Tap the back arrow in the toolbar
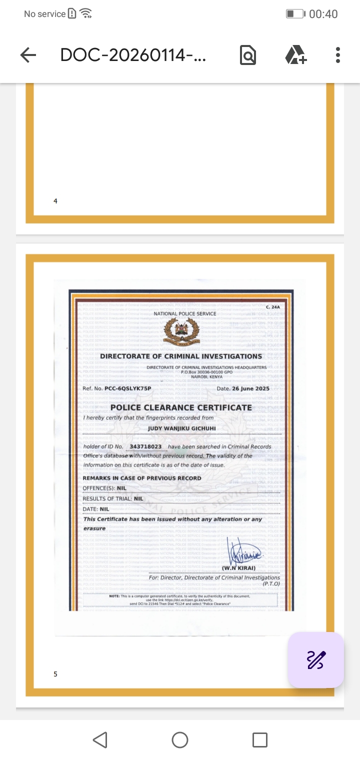coord(28,55)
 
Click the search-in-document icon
coord(247,55)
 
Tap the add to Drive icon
coord(295,55)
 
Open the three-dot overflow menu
coord(338,55)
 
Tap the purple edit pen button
coord(315,660)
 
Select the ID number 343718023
coord(145,446)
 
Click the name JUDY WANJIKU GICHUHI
coord(182,428)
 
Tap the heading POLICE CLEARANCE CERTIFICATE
coord(181,407)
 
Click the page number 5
coord(55,674)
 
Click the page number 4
coord(55,201)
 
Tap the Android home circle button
coord(180,740)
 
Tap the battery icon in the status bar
coord(295,14)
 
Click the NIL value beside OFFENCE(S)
coord(121,488)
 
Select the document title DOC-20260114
coord(133,55)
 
